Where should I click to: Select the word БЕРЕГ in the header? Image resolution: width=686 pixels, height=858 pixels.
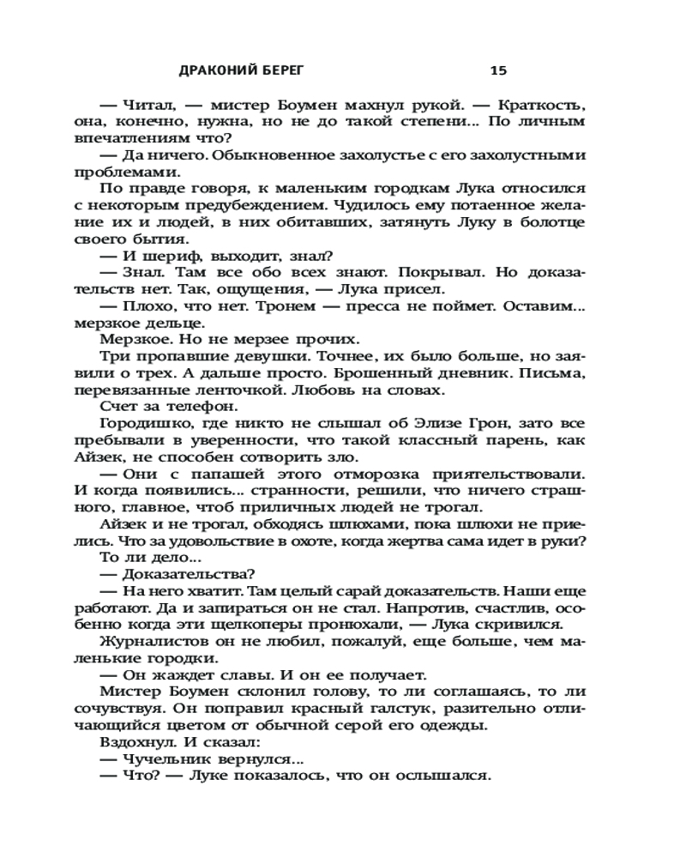pyautogui.click(x=291, y=70)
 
